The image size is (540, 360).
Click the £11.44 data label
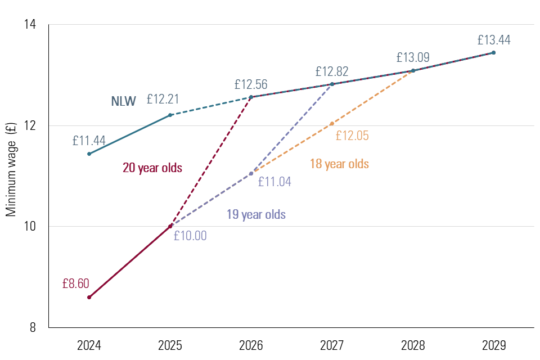[x=89, y=141]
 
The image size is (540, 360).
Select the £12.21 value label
[x=163, y=100]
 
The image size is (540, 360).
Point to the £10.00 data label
[x=190, y=236]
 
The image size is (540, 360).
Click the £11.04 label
[x=274, y=182]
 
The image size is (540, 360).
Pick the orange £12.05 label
[x=352, y=136]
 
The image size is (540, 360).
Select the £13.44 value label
[x=494, y=40]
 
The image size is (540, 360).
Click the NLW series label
[x=123, y=102]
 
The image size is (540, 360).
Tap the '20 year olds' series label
[x=152, y=168]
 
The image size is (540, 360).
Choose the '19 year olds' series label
[x=256, y=214]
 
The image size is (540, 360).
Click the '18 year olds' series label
[x=339, y=164]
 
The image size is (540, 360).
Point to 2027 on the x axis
[x=332, y=344]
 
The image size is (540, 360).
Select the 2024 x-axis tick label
[x=89, y=344]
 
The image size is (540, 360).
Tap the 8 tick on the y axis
[x=33, y=327]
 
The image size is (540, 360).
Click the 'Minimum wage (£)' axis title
[x=11, y=170]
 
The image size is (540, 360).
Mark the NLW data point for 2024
[x=89, y=154]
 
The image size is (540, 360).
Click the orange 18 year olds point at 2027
[x=332, y=123]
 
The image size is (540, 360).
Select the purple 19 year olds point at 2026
[x=251, y=173]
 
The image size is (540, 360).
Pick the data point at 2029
[x=493, y=53]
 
